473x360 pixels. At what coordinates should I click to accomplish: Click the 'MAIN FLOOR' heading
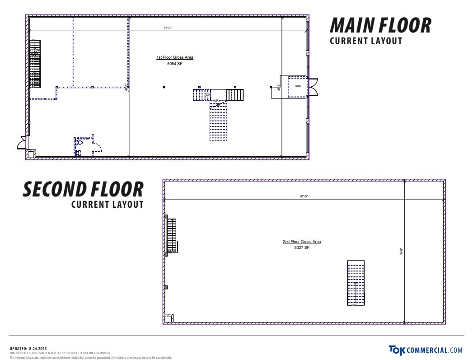point(380,25)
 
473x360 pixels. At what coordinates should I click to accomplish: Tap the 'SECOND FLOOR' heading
point(83,189)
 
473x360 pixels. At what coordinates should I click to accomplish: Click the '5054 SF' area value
point(174,64)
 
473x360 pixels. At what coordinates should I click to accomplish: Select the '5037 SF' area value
point(302,248)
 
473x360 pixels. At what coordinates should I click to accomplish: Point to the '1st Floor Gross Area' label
point(175,57)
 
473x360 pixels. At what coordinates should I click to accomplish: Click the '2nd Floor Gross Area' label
point(302,242)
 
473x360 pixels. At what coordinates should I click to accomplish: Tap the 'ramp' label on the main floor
point(298,85)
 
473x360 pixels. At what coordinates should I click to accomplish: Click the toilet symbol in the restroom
point(80,143)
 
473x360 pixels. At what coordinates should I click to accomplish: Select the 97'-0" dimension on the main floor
point(168,28)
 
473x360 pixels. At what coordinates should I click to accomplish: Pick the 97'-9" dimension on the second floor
point(304,196)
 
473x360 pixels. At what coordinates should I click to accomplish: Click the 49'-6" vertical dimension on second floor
point(401,252)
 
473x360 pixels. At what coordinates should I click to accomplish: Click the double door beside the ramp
point(313,87)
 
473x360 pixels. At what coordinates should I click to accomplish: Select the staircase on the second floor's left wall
point(171,235)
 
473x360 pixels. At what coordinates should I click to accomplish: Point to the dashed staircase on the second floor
point(356,283)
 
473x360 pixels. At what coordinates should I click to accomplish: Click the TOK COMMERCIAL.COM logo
point(425,350)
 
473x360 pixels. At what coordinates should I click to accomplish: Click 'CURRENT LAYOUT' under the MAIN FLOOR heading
point(366,41)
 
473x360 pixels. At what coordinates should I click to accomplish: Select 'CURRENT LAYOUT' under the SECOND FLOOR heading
point(108,204)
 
